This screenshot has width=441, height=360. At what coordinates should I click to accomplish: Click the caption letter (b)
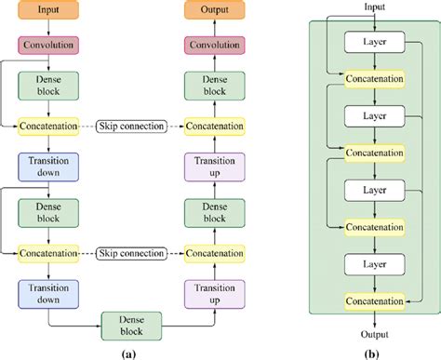click(373, 352)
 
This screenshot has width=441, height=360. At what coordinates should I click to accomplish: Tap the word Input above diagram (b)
click(373, 7)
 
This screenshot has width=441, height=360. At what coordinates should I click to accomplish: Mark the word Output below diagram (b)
click(373, 333)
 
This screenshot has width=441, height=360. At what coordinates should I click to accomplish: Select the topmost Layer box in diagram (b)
click(373, 42)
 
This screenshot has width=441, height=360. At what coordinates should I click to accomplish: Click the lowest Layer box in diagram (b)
click(373, 262)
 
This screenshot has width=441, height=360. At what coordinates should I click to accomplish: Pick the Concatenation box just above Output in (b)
click(373, 300)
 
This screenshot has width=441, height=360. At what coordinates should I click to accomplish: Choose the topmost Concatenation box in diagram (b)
click(373, 79)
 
